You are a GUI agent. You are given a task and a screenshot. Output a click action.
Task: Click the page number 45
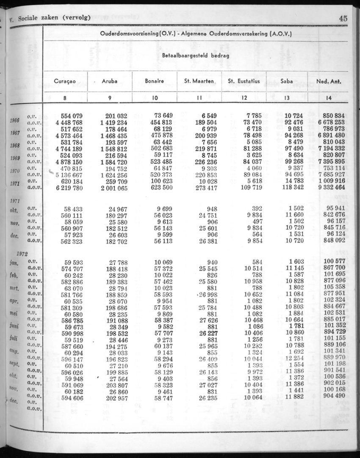(343, 18)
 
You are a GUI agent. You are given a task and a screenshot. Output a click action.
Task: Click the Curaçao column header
(65, 81)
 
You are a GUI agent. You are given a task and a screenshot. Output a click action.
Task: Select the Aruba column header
(110, 81)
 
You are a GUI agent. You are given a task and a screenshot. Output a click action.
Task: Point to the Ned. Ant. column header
(329, 81)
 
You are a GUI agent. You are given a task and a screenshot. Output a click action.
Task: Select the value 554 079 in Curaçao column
(71, 116)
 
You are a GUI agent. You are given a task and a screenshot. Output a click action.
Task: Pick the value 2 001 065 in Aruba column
(114, 188)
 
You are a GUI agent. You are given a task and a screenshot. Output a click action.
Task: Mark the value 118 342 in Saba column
(290, 188)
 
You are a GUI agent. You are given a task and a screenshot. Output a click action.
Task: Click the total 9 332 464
(331, 188)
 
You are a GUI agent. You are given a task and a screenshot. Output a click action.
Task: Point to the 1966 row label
(15, 120)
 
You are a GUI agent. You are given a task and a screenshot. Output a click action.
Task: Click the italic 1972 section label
(21, 254)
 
